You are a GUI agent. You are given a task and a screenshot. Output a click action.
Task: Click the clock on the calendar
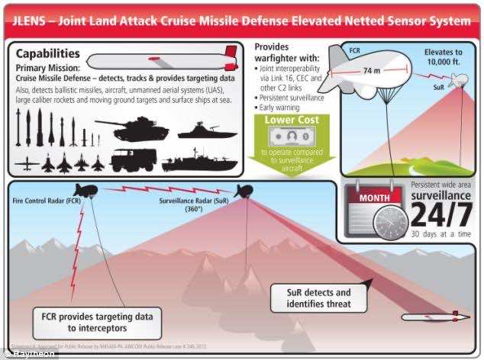390,224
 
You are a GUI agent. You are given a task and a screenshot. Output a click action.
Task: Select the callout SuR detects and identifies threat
318,298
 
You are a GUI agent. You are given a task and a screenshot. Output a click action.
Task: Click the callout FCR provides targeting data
97,322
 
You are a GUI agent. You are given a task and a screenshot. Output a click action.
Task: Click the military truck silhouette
137,159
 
